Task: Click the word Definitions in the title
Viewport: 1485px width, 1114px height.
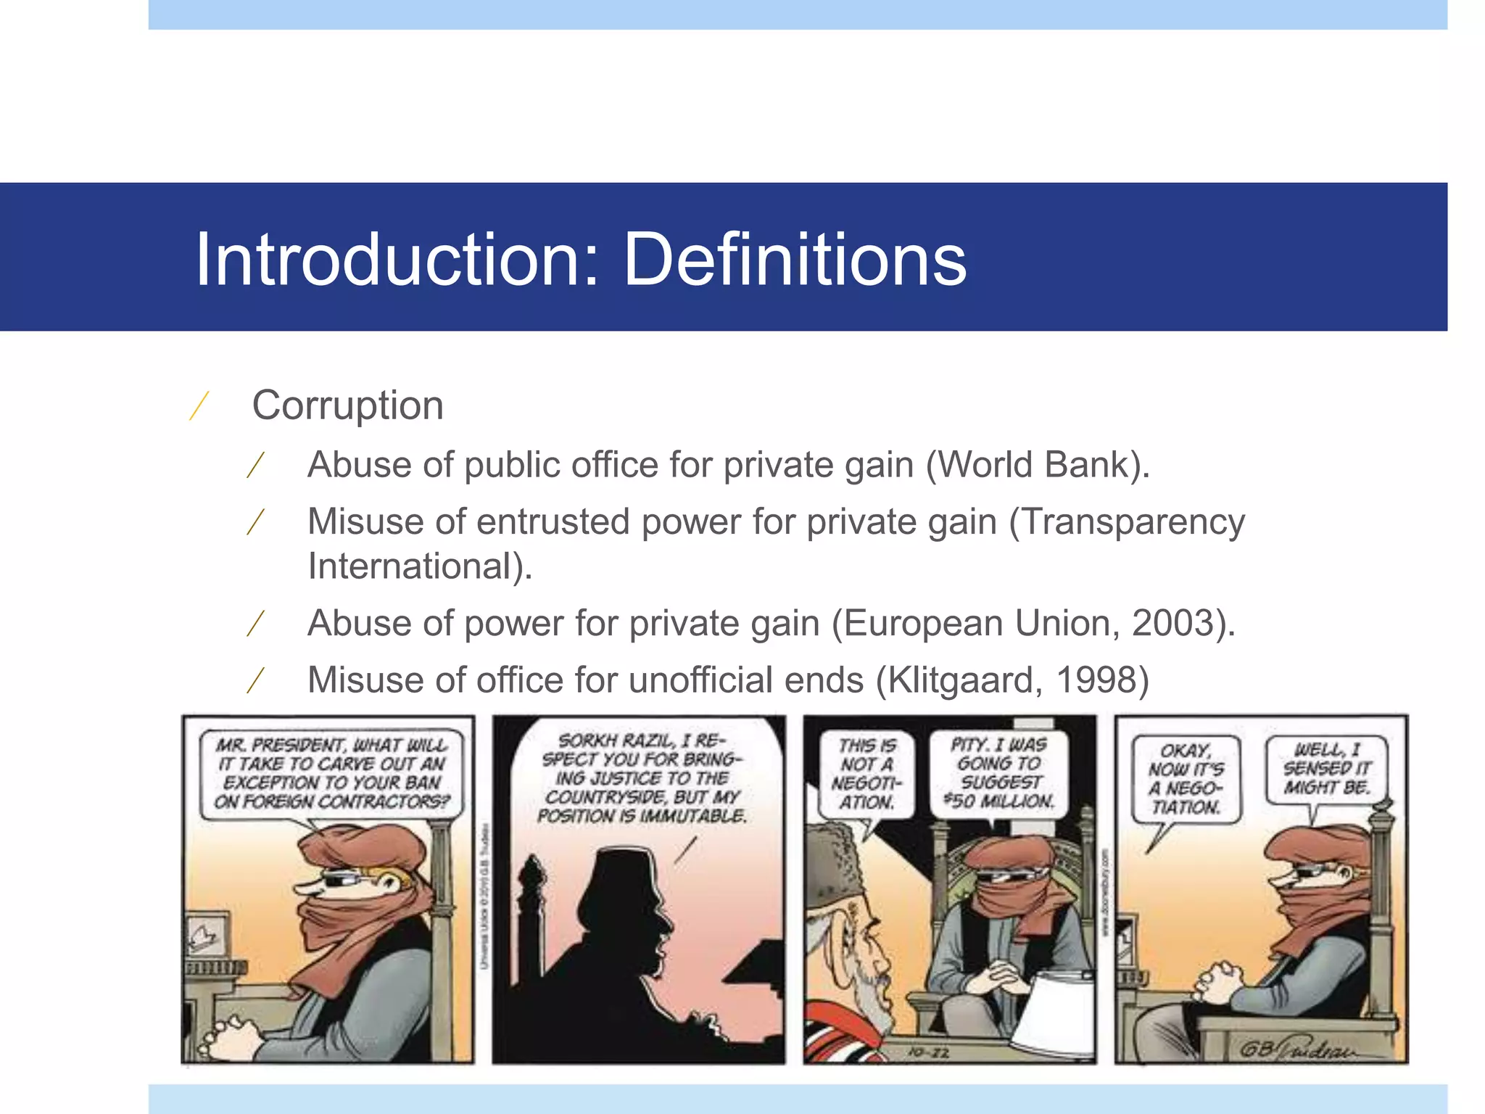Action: tap(795, 260)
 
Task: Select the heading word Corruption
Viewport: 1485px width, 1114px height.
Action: tap(347, 405)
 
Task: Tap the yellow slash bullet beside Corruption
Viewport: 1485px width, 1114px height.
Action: tap(199, 405)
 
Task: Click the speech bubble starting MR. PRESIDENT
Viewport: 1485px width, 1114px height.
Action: tap(332, 773)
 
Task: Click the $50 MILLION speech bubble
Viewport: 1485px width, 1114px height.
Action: tap(998, 772)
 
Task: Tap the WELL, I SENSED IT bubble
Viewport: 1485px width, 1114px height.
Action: tap(1326, 769)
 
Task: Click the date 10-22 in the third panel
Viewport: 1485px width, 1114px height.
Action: tap(929, 1052)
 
